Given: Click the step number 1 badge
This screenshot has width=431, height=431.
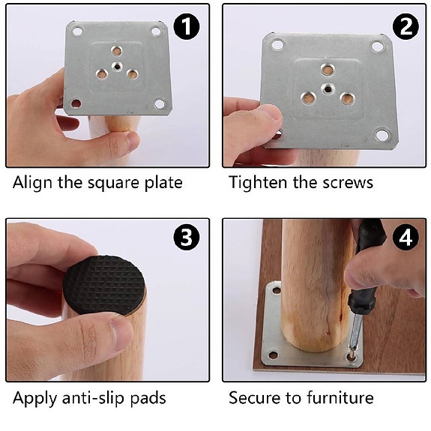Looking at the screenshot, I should tap(187, 27).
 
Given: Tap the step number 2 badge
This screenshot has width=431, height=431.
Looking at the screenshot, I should tap(406, 27).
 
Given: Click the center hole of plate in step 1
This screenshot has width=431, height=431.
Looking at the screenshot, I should tap(116, 66).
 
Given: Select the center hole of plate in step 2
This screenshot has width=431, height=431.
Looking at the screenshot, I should tap(327, 88).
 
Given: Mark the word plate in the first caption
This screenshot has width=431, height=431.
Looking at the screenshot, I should tap(163, 182).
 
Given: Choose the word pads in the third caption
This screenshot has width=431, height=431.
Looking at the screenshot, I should tap(147, 397).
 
